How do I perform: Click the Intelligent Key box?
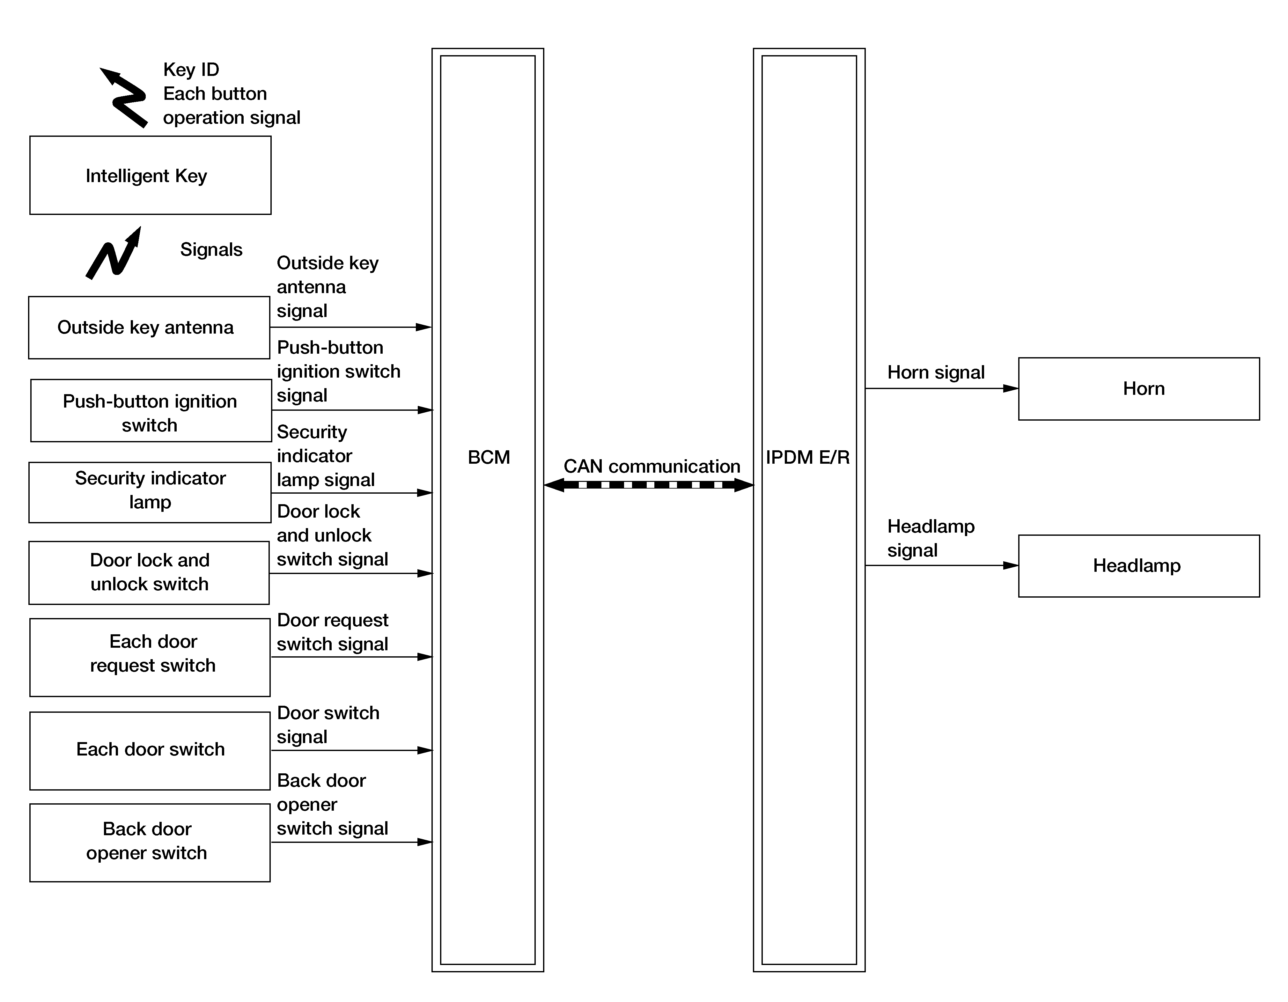click(150, 175)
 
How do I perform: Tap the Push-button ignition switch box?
click(151, 410)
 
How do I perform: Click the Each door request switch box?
click(150, 657)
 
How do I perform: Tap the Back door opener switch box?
click(150, 842)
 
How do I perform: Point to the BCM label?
click(488, 457)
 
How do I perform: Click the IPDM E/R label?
click(807, 457)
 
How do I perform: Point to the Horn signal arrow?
click(941, 388)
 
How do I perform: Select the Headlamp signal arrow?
click(941, 565)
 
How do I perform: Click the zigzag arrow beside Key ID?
click(125, 97)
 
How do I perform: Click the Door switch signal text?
click(328, 724)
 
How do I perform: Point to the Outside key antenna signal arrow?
click(350, 327)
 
